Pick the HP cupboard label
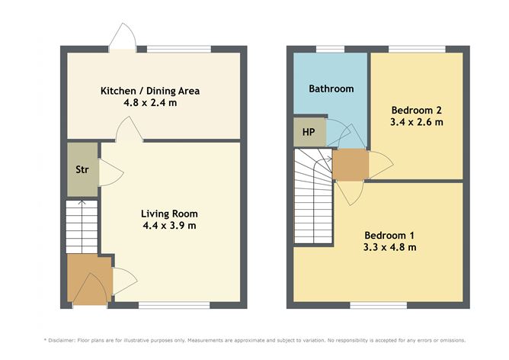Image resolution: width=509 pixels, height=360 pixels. (x=309, y=131)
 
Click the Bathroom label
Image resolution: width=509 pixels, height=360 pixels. (x=331, y=88)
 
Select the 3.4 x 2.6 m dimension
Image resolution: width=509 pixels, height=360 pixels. (x=415, y=122)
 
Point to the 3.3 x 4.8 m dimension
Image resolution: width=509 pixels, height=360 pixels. (x=389, y=246)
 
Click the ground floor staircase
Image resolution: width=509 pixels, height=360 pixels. (x=81, y=226)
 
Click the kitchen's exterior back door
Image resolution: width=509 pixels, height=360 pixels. (x=122, y=38)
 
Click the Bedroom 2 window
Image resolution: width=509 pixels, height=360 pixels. (x=416, y=49)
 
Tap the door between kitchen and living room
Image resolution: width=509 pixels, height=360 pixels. (x=127, y=132)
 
